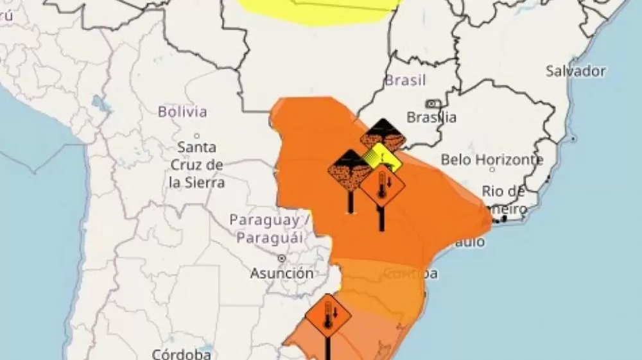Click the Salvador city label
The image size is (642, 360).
(x=576, y=71)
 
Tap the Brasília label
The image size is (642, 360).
(x=432, y=117)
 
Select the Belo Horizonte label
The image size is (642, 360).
(x=492, y=160)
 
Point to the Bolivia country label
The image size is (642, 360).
(x=182, y=112)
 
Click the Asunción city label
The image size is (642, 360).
(x=282, y=273)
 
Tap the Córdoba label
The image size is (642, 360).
(x=182, y=354)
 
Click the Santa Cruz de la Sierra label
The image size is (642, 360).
(x=197, y=165)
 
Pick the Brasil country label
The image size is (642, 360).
(x=405, y=81)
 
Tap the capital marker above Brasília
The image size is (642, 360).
(x=433, y=104)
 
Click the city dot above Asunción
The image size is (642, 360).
(x=282, y=258)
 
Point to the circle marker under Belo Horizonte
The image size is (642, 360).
(x=492, y=170)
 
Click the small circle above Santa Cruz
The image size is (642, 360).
(x=197, y=135)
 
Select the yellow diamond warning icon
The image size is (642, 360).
(x=381, y=158)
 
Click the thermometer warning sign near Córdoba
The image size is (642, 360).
(x=328, y=316)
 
